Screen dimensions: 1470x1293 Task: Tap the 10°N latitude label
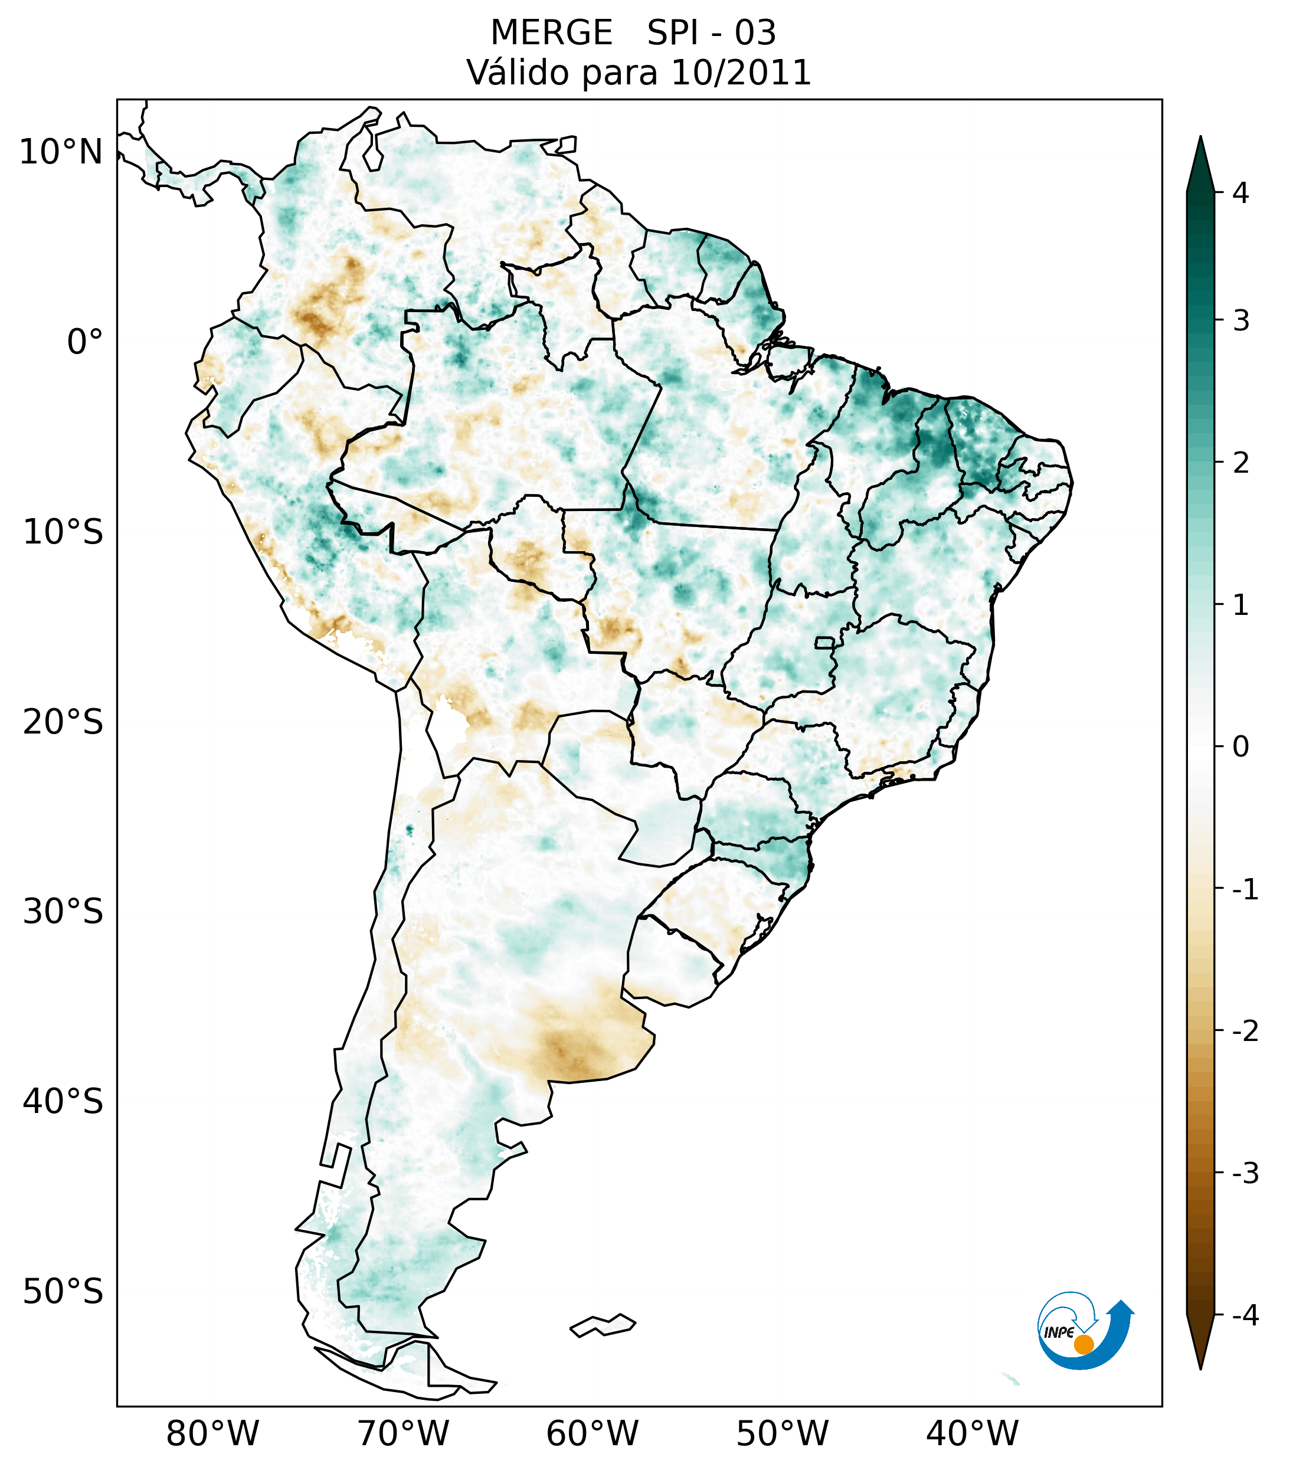point(60,152)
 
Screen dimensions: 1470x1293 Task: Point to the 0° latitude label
point(85,342)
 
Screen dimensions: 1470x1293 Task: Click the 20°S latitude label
point(63,722)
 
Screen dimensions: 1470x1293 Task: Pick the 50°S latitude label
point(63,1292)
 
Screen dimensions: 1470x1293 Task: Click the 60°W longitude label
point(592,1433)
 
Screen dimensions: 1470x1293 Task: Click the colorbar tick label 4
point(1240,193)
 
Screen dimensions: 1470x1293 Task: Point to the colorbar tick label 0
point(1240,747)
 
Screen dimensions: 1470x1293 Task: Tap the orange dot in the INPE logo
point(1083,1344)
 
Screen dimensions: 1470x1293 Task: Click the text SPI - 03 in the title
point(711,33)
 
